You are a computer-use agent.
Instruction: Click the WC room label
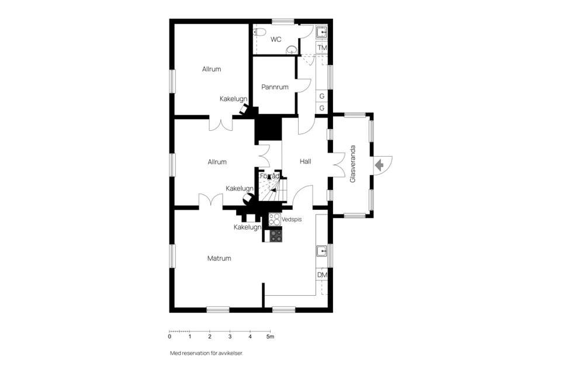tap(276, 39)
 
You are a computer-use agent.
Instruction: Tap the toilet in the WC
tap(259, 32)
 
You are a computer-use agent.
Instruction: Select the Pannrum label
tap(275, 87)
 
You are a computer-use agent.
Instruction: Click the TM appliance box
tap(322, 47)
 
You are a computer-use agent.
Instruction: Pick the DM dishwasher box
tap(322, 275)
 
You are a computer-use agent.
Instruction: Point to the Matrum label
tap(219, 258)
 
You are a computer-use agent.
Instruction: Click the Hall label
tap(305, 161)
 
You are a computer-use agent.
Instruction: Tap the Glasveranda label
tap(353, 164)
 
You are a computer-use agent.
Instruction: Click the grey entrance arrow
tap(379, 165)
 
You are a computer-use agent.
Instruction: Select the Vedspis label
tap(292, 219)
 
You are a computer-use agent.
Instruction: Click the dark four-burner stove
tap(276, 236)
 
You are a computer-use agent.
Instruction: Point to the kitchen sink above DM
tap(321, 251)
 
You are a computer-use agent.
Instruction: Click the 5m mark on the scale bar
tap(271, 337)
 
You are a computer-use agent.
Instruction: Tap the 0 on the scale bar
tap(169, 337)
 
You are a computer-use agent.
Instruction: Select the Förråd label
tap(270, 176)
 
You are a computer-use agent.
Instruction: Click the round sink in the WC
tap(292, 50)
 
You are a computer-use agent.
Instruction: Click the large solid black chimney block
tap(268, 128)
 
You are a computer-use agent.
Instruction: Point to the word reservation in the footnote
tap(198, 353)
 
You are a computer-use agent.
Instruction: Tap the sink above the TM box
tap(321, 32)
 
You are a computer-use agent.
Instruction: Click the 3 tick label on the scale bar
tap(230, 337)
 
